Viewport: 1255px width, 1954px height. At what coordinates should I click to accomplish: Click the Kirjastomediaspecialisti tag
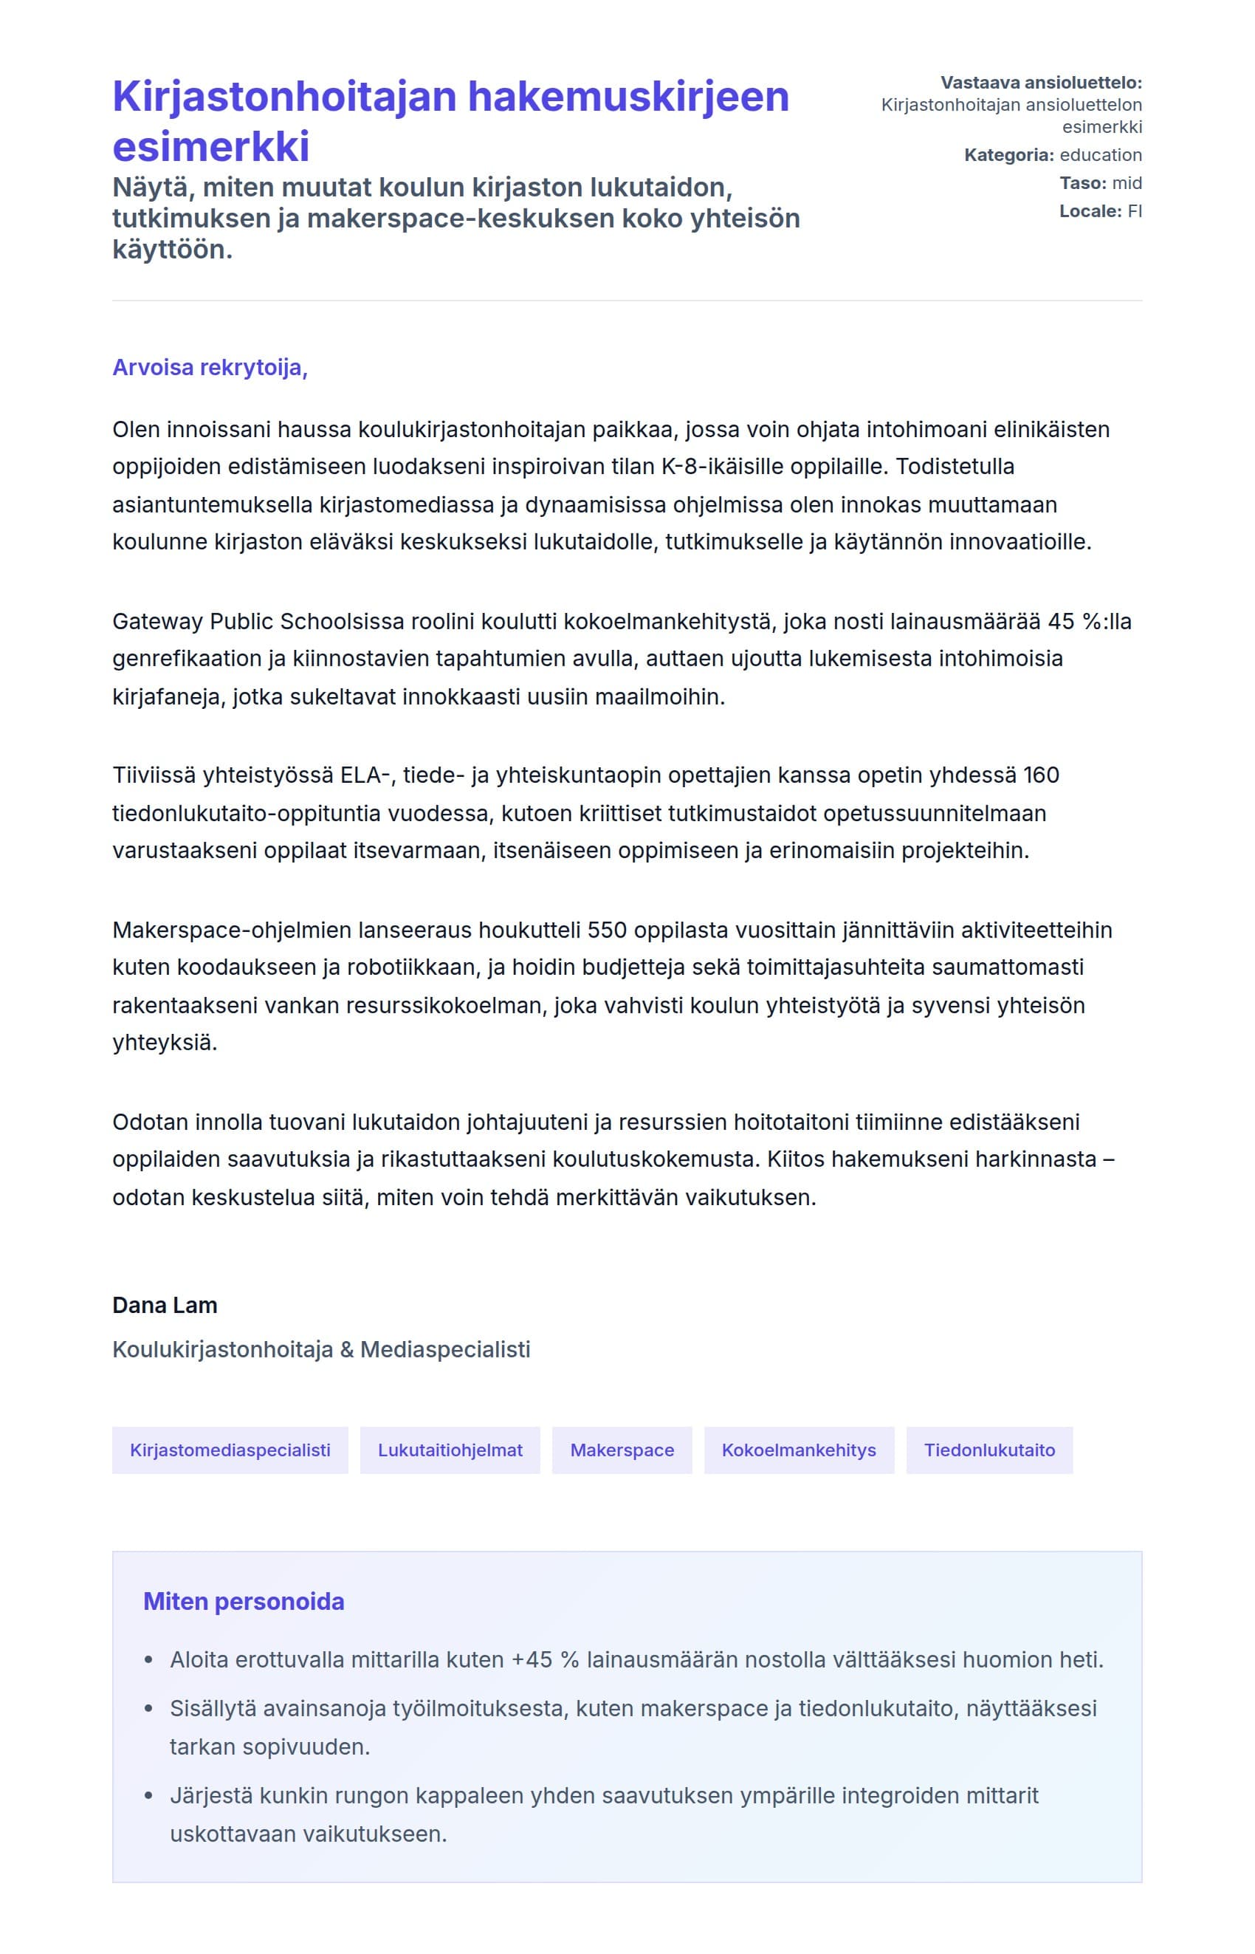tap(230, 1450)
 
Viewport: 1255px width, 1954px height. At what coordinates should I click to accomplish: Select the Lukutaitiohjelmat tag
tap(450, 1450)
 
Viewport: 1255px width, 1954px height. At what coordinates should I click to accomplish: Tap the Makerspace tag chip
tap(622, 1450)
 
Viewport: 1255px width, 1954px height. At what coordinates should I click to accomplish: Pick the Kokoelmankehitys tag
tap(799, 1450)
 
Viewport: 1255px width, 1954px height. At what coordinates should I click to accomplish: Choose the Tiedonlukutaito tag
tap(988, 1450)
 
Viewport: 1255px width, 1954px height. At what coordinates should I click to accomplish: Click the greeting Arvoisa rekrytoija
tap(210, 368)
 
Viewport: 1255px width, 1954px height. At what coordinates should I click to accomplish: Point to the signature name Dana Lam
tap(165, 1305)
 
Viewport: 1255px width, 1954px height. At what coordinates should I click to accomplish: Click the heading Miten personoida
tap(244, 1602)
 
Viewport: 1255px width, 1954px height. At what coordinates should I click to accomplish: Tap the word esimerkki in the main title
tap(211, 147)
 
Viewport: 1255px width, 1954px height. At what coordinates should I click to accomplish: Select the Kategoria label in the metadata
tap(1008, 155)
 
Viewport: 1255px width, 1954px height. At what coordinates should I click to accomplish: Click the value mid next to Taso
tap(1127, 182)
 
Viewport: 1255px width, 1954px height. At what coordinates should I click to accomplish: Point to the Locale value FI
tap(1135, 211)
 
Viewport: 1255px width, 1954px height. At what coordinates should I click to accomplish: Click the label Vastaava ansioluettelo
tap(1041, 82)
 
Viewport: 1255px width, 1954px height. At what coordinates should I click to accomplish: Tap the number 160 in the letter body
tap(1041, 775)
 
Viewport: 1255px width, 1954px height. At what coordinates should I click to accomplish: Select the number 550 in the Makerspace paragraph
tap(606, 930)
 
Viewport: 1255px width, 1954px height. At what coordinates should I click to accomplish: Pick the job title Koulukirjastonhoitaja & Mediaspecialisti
tap(321, 1349)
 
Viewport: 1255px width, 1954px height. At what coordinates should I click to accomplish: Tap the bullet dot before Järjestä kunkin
tap(148, 1796)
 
